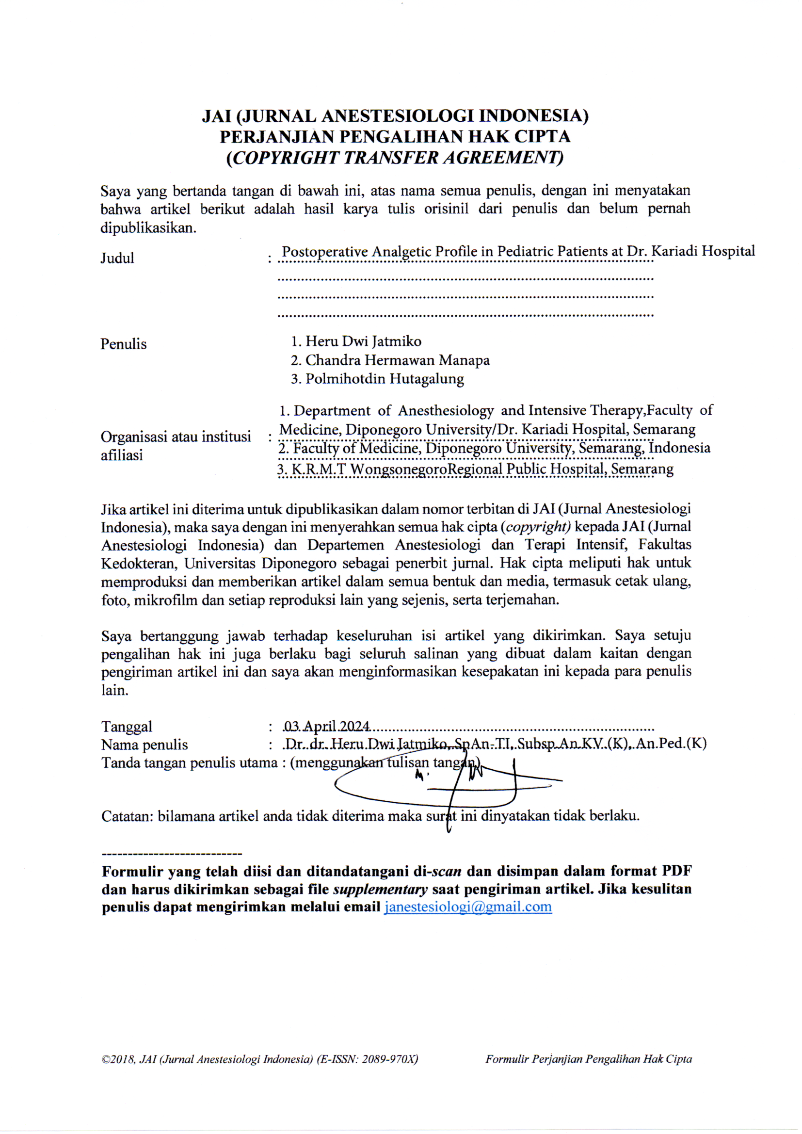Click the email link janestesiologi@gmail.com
click(x=467, y=907)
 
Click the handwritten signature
click(x=445, y=785)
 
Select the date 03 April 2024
click(x=327, y=727)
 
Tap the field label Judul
click(x=117, y=258)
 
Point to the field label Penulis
click(x=124, y=344)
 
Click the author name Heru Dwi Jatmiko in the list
click(x=363, y=341)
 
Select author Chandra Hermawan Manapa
click(x=397, y=360)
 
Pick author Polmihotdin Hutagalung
click(x=384, y=379)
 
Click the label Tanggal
click(x=127, y=727)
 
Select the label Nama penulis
click(x=144, y=745)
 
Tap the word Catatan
click(x=127, y=815)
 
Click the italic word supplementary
click(x=380, y=889)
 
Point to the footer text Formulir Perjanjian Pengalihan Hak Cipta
click(x=588, y=1059)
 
